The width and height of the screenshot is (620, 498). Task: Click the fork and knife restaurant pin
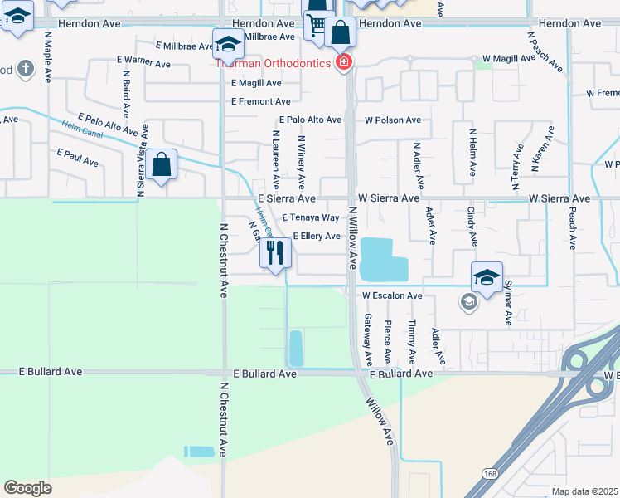[x=276, y=252]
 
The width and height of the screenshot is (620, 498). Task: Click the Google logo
[x=27, y=488]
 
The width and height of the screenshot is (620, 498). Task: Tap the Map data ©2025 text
[x=584, y=491]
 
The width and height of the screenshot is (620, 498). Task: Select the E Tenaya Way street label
[x=311, y=217]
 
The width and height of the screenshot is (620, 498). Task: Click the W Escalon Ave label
[x=392, y=295]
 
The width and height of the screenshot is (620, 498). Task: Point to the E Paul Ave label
[x=77, y=154]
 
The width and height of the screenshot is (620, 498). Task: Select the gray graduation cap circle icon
[x=468, y=302]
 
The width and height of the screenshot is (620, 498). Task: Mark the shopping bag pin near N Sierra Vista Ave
[x=163, y=165]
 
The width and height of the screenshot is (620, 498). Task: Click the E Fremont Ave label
[x=260, y=101]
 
